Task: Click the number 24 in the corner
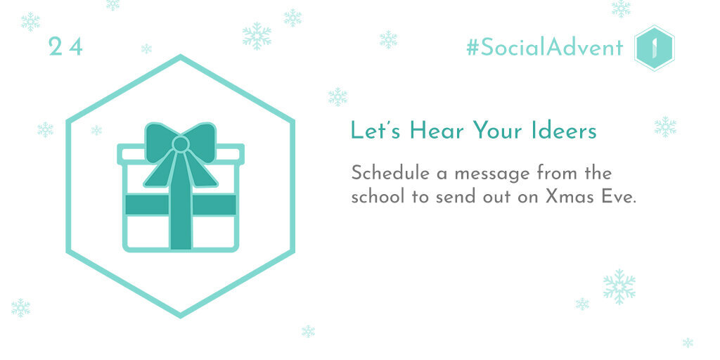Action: [65, 47]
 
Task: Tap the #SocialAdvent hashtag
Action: [545, 48]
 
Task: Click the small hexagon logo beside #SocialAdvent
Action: [655, 49]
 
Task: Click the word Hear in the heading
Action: [436, 130]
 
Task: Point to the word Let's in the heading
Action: [377, 130]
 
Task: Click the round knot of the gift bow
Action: [181, 144]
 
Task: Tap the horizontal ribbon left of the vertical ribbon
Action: [147, 205]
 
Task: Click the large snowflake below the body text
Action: [619, 287]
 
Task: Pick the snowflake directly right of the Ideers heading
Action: [665, 127]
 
